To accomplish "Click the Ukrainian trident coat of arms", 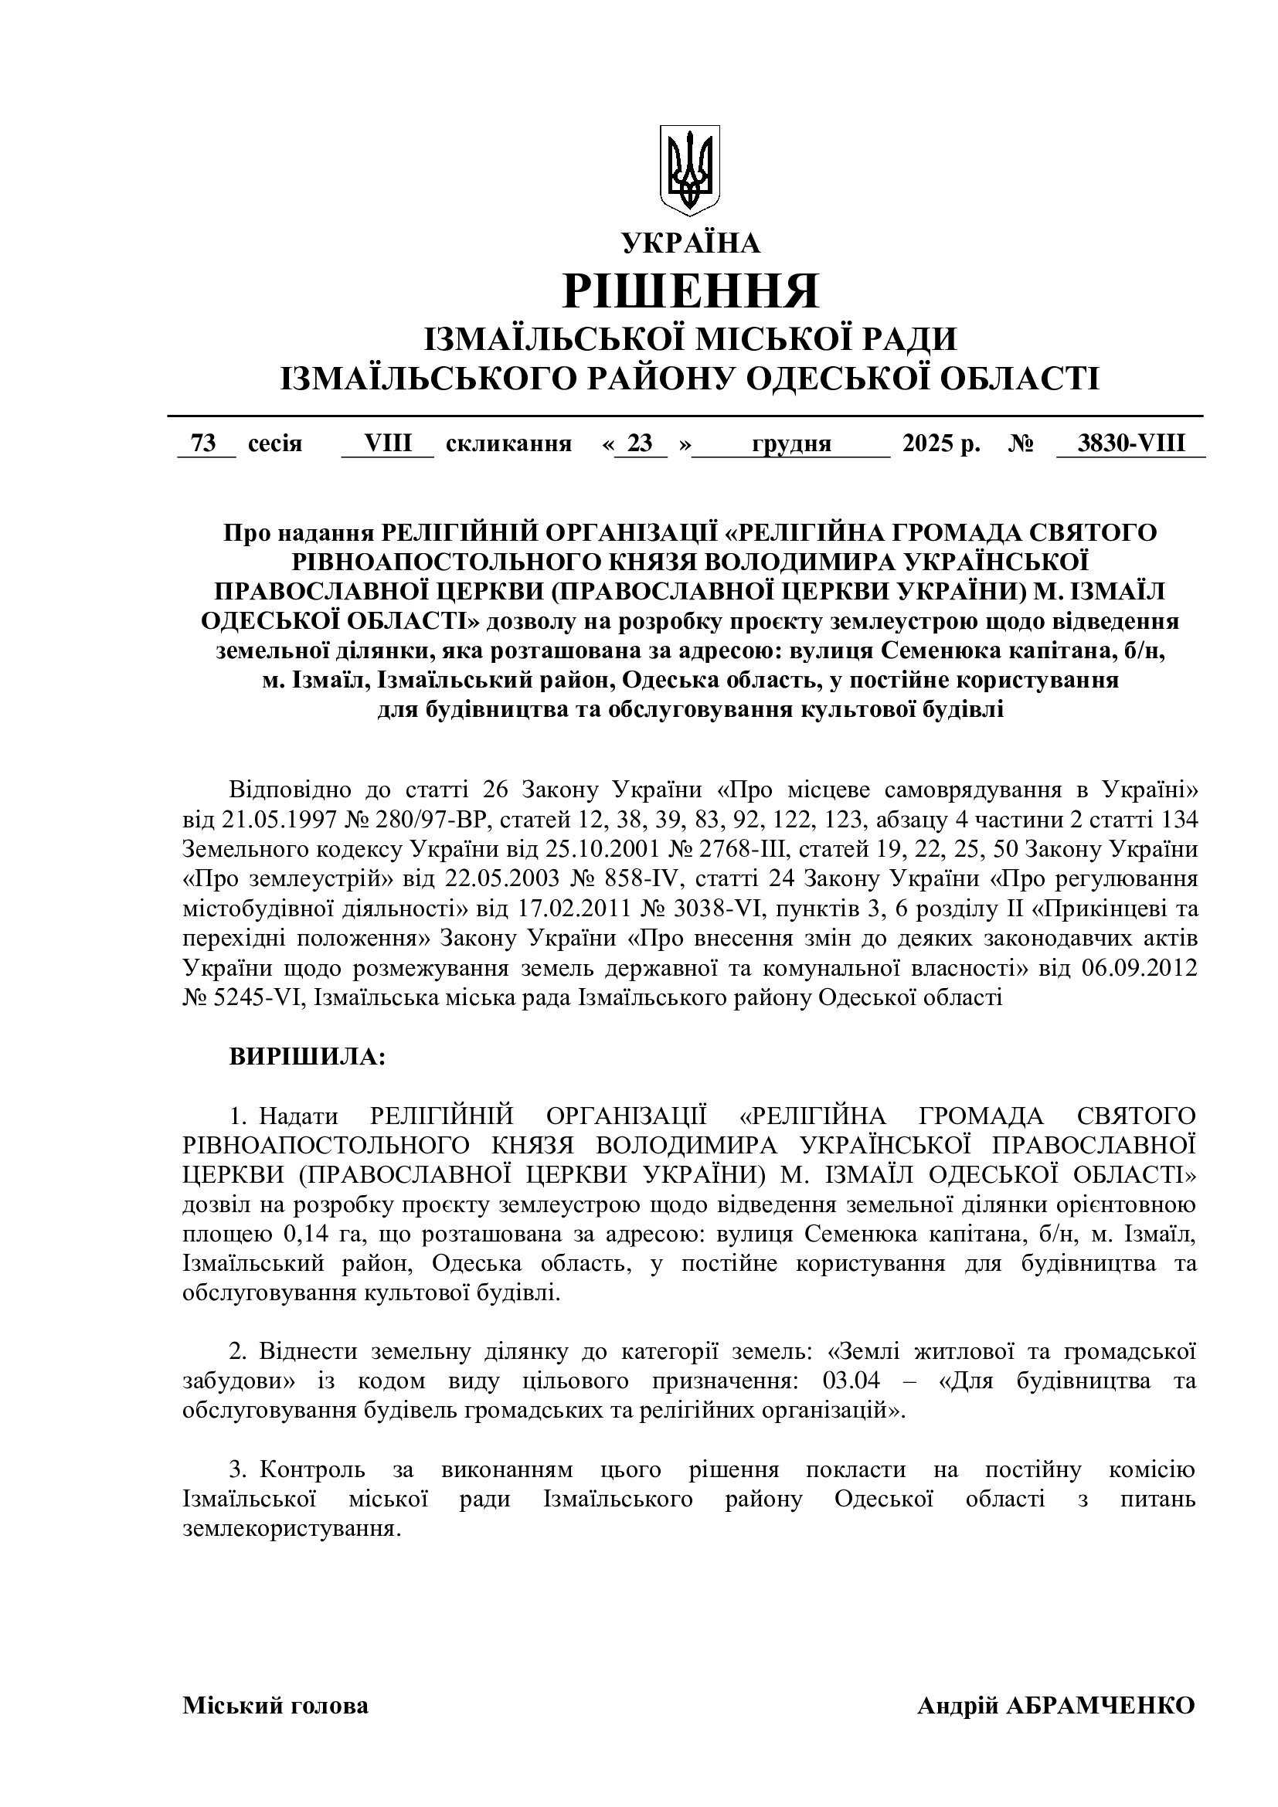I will tap(689, 169).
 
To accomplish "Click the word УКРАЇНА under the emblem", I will tap(692, 245).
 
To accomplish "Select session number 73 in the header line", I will tap(204, 444).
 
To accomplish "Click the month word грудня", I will tap(792, 444).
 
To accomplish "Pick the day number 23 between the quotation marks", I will tap(641, 444).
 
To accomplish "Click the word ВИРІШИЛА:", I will tap(307, 1057).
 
